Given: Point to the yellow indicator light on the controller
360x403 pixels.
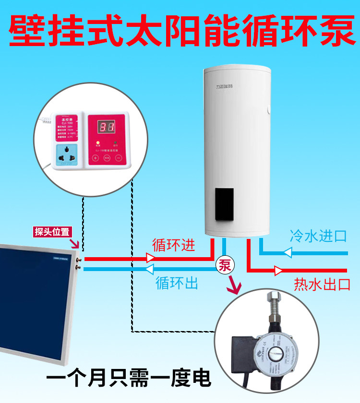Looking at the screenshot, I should tap(98, 143).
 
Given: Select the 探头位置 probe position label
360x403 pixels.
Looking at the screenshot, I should tap(52, 232).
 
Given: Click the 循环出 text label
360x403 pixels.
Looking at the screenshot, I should tap(177, 283).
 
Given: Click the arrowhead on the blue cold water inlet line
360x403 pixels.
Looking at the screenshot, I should tap(288, 252).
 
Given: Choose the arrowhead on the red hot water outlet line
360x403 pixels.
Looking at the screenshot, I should tap(278, 271).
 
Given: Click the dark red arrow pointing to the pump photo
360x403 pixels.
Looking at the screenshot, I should tap(235, 286).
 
